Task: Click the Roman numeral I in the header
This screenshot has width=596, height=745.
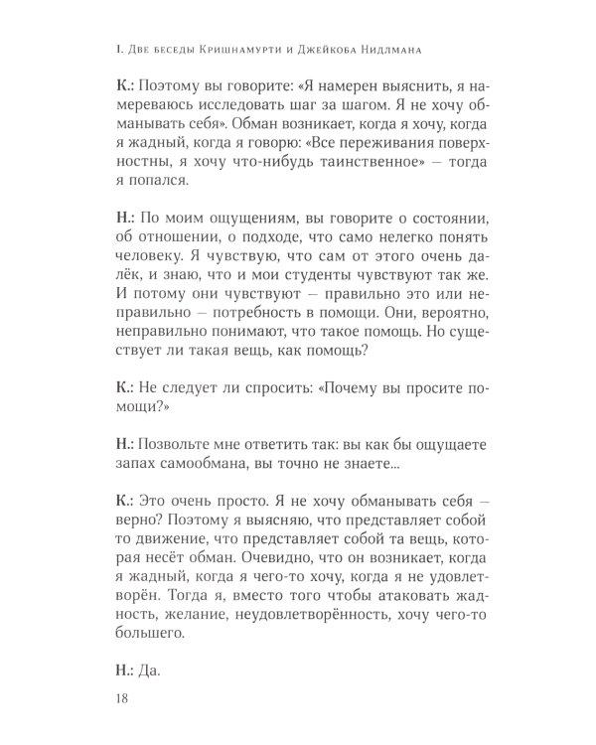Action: click(x=118, y=46)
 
